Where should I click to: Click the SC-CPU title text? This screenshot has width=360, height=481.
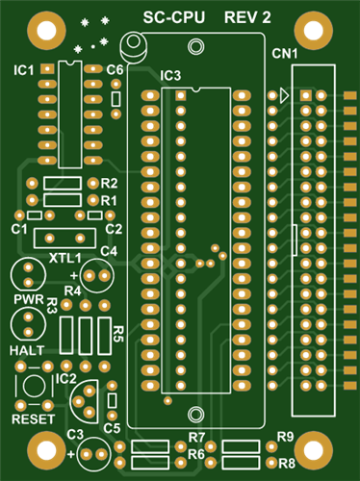tap(173, 17)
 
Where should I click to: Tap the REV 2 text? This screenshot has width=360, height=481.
tap(247, 17)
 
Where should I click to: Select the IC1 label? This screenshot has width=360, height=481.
tap(23, 70)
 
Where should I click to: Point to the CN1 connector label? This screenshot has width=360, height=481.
tap(285, 54)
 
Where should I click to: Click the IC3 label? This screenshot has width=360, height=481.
tap(170, 76)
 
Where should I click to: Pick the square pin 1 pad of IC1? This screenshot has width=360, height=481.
tap(47, 68)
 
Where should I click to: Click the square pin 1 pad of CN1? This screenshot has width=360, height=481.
tap(306, 95)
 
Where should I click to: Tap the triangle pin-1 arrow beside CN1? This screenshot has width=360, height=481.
tap(284, 95)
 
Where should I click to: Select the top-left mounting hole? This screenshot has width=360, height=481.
tap(46, 31)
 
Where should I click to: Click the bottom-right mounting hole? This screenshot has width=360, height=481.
tap(313, 450)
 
